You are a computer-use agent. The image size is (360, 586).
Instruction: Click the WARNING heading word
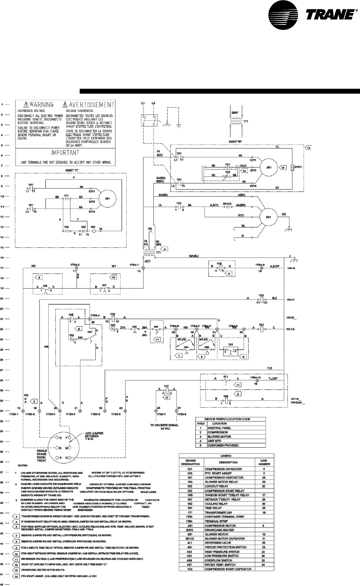tap(41, 105)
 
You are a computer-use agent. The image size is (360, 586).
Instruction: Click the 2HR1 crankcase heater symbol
tap(297, 168)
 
